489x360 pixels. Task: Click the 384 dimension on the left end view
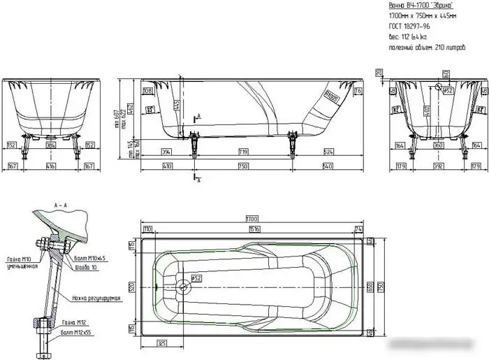pos(50,145)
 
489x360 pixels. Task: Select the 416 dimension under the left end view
pos(50,166)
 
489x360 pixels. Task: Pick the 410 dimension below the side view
pos(168,166)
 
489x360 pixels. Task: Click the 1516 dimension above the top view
pos(254,229)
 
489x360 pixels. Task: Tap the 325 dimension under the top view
pos(162,345)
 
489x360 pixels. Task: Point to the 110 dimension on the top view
pos(148,229)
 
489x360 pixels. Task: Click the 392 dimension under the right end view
pos(438,166)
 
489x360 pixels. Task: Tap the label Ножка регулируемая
pos(96,298)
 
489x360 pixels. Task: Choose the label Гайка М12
pos(74,322)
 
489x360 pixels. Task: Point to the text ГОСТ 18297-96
pos(408,25)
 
